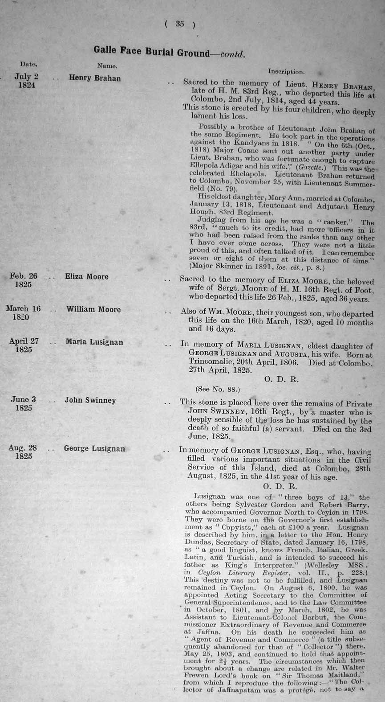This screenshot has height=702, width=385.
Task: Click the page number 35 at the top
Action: pos(179,24)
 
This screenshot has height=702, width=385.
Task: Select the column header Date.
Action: pos(28,65)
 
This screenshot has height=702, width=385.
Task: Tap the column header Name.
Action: pos(107,66)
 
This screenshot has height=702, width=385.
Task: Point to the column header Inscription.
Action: pos(286,71)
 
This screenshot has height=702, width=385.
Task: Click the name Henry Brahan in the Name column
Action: pos(95,78)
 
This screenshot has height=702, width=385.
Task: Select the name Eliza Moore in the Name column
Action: pos(87,277)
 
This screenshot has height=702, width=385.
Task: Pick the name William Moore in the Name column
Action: pos(93,309)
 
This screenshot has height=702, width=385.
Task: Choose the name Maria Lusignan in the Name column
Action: pos(93,342)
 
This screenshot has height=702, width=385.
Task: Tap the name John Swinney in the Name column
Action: pos(90,400)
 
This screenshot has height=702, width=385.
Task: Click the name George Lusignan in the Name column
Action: pos(94,448)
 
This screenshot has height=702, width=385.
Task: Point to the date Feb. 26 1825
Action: pos(23,280)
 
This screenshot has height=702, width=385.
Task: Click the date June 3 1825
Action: pos(23,403)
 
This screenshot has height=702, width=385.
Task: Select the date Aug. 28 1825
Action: pos(23,452)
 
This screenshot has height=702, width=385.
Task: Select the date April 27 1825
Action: pos(24,345)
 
